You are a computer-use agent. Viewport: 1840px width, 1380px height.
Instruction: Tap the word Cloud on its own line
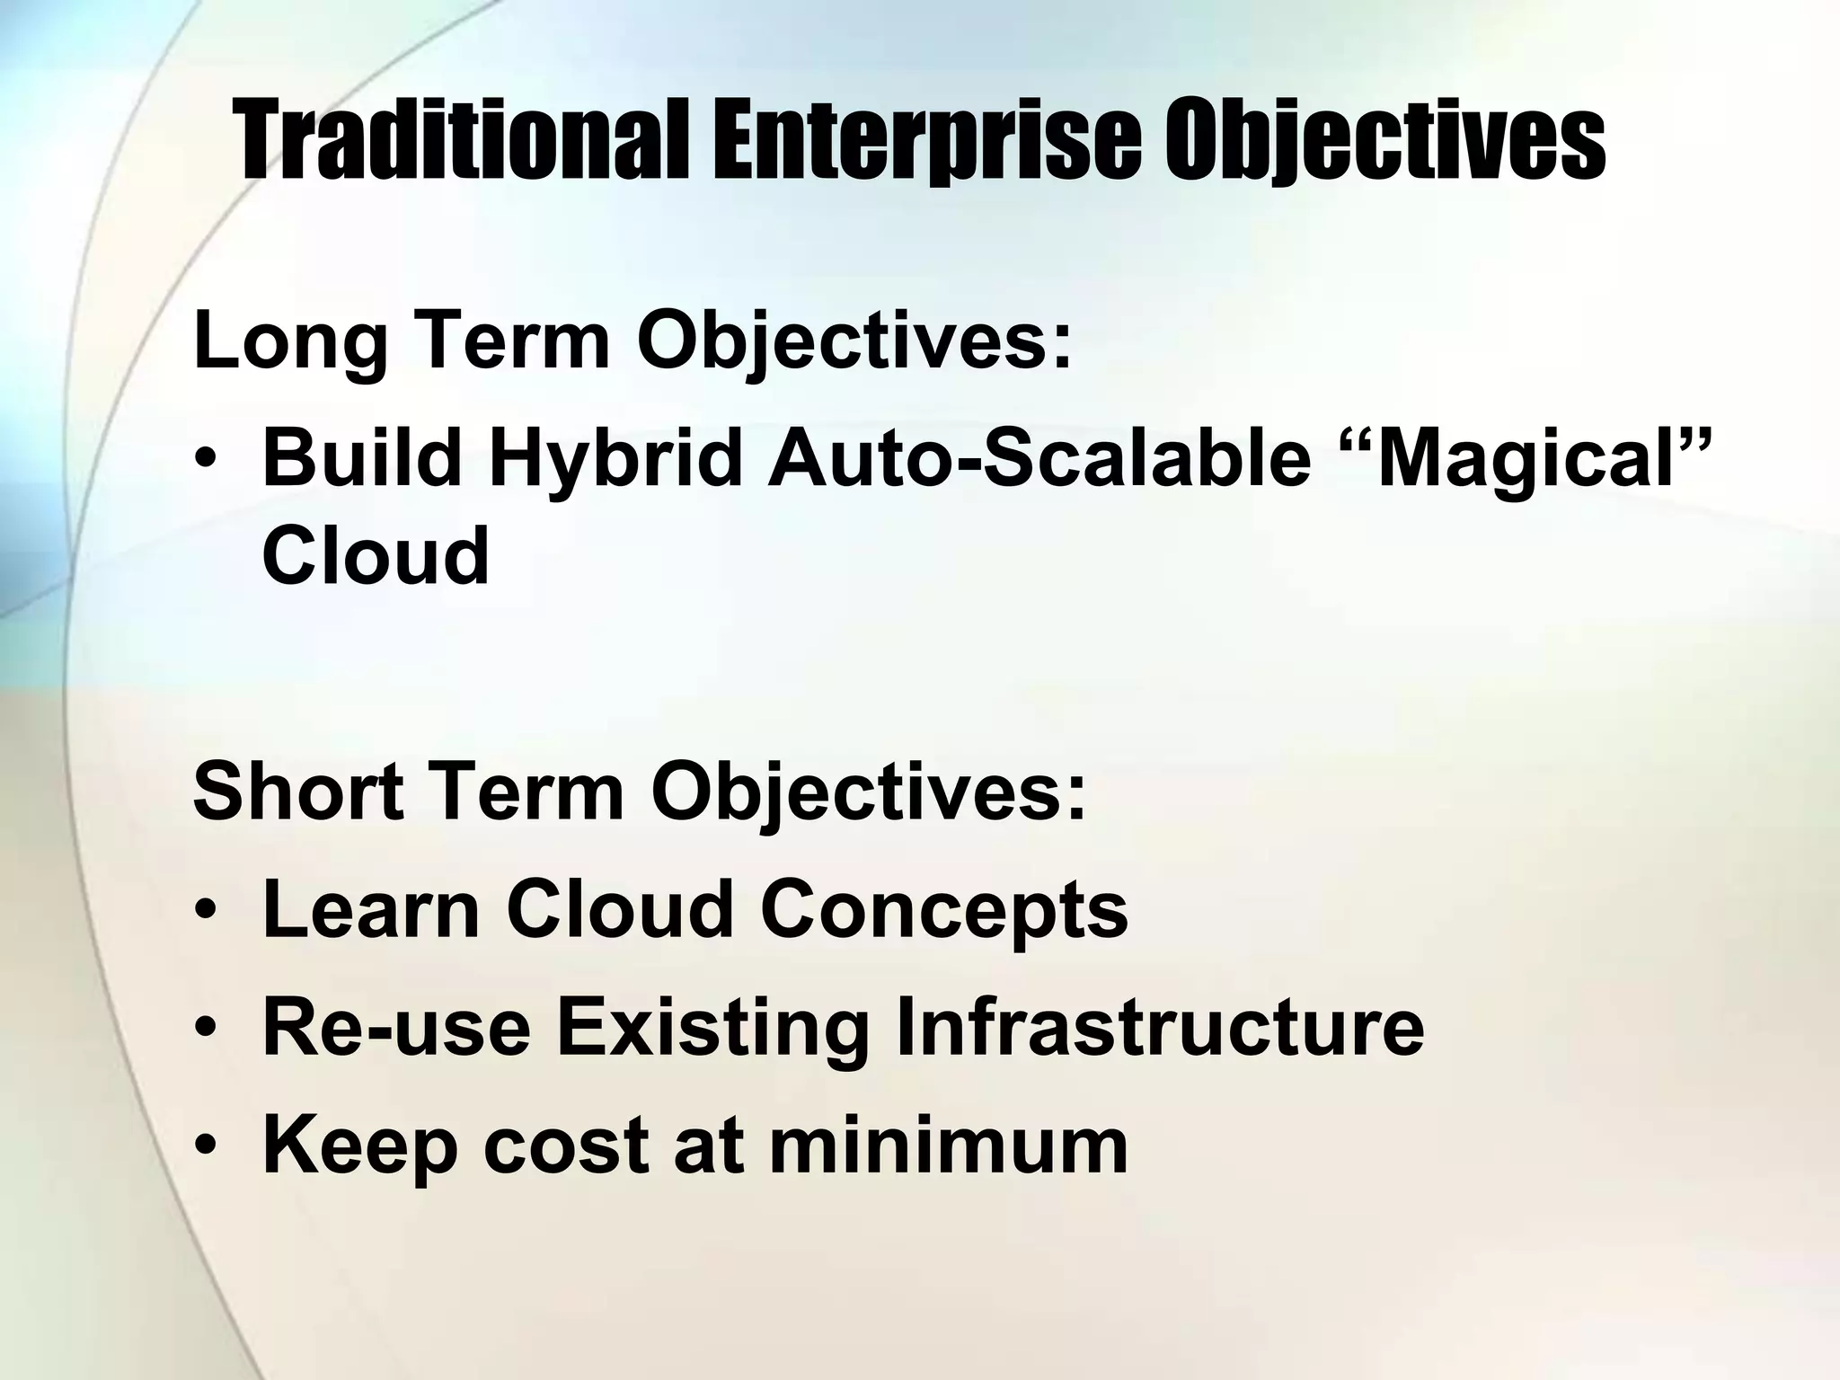(x=376, y=555)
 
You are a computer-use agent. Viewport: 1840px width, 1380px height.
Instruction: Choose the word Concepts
(x=943, y=909)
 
